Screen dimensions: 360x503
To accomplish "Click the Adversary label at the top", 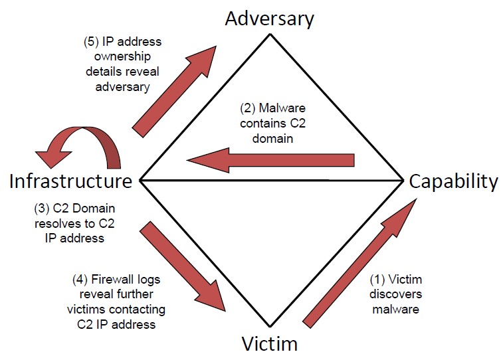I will (268, 18).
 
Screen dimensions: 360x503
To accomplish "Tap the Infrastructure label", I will (70, 181).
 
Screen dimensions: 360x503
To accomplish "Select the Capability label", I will (453, 181).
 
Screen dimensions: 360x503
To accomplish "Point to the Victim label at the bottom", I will (268, 343).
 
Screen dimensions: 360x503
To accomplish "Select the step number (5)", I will (91, 42).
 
